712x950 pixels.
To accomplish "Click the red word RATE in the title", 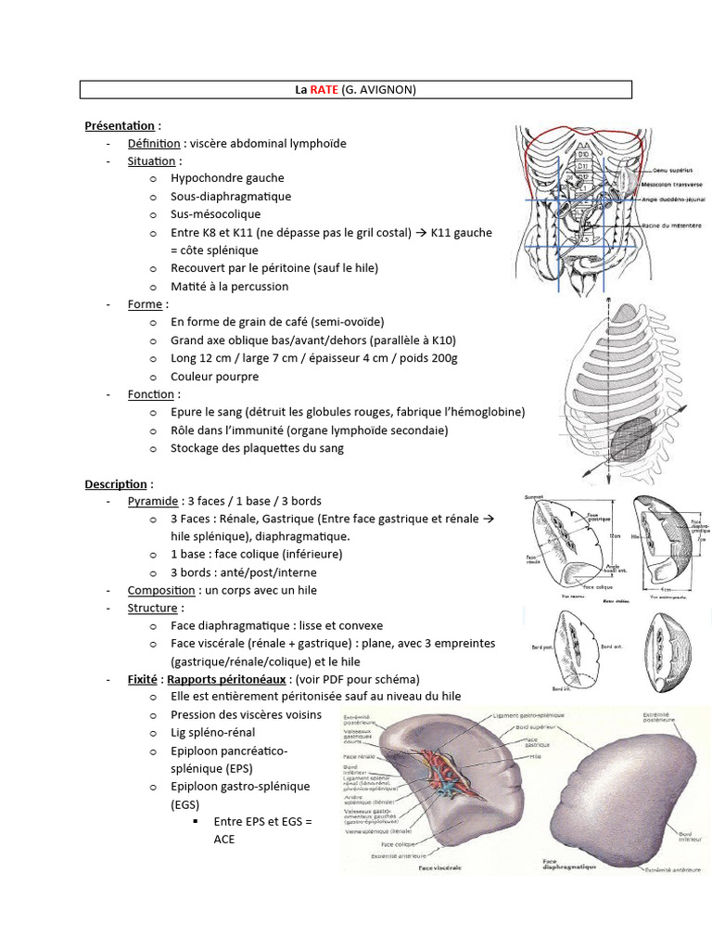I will click(323, 90).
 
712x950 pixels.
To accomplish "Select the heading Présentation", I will click(120, 125).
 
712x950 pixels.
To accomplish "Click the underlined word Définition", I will click(154, 144).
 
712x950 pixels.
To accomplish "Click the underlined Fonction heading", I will click(151, 394).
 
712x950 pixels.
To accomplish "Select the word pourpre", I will click(236, 377).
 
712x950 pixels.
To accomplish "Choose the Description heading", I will click(116, 484).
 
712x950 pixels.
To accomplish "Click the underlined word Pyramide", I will click(153, 502).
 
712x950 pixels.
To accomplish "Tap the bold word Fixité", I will click(143, 679).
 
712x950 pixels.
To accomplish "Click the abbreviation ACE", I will click(224, 840).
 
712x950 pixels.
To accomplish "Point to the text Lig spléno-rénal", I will click(212, 733).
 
